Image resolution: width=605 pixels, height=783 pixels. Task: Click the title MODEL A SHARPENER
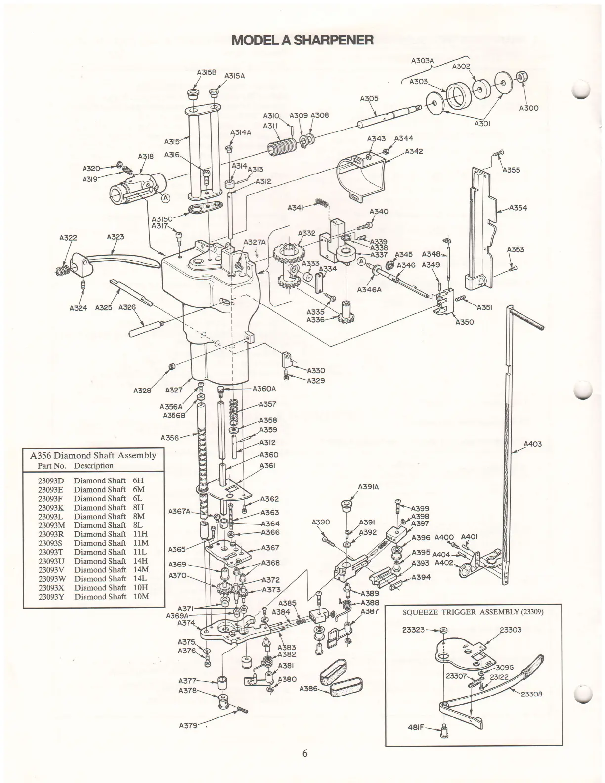(x=302, y=40)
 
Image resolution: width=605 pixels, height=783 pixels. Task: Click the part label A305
(x=369, y=98)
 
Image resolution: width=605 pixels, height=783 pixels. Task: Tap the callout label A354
(x=518, y=208)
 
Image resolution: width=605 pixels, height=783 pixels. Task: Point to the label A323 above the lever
(x=115, y=237)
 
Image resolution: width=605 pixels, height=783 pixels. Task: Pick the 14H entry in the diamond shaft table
(x=141, y=561)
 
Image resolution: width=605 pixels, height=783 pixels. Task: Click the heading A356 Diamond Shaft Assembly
(x=93, y=455)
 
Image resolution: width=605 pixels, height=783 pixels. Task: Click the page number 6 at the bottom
(x=305, y=754)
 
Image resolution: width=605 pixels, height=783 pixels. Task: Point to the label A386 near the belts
(x=309, y=689)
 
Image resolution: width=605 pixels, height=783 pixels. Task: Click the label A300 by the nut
(x=529, y=108)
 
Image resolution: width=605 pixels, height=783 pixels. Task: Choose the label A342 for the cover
(x=414, y=151)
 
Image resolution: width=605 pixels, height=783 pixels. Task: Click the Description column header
(x=93, y=466)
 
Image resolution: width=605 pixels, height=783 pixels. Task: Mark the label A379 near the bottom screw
(x=188, y=726)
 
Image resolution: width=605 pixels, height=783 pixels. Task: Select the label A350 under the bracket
(x=464, y=322)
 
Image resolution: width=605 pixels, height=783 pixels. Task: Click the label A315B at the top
(x=207, y=72)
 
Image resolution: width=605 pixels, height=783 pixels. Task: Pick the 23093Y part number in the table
(x=51, y=596)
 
